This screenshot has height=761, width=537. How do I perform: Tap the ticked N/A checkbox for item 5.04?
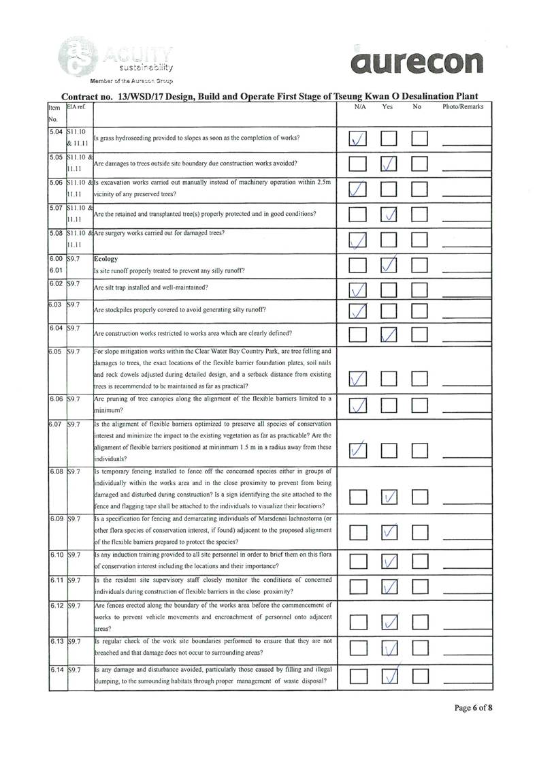tap(357, 139)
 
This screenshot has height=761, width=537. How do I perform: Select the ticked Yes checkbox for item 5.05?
tap(389, 164)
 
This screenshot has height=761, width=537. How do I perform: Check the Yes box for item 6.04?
tap(389, 335)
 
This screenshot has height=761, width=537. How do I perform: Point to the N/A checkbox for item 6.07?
tap(357, 450)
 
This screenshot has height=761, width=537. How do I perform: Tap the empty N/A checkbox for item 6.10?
tap(357, 561)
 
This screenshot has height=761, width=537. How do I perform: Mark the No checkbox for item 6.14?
tap(420, 676)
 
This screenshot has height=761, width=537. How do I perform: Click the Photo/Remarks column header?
tap(463, 108)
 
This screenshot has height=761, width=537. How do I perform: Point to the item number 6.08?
tap(56, 471)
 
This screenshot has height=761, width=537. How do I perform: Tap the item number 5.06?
tap(56, 183)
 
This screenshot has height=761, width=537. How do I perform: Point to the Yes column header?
tap(388, 108)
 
